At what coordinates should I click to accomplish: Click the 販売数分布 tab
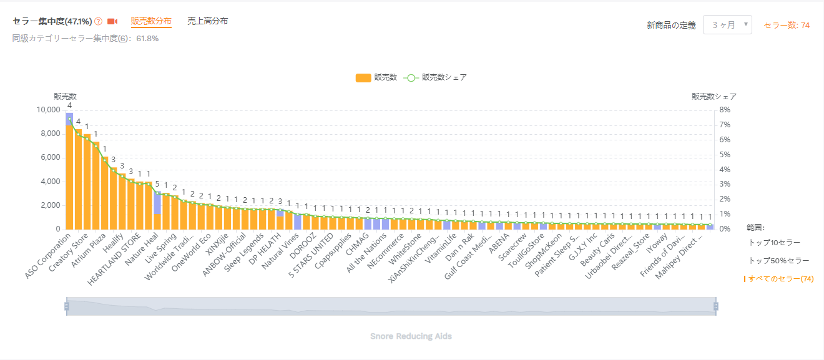pyautogui.click(x=151, y=21)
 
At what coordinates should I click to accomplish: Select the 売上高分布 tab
pyautogui.click(x=207, y=21)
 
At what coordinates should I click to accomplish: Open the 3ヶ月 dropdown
pyautogui.click(x=727, y=25)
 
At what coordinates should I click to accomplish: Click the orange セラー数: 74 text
pyautogui.click(x=787, y=26)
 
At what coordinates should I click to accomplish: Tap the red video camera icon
pyautogui.click(x=112, y=22)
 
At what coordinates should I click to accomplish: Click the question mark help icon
pyautogui.click(x=98, y=22)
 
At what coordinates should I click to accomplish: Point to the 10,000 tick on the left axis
pyautogui.click(x=49, y=110)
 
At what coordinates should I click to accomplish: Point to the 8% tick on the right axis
pyautogui.click(x=725, y=110)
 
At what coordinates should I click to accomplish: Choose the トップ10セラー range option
pyautogui.click(x=774, y=242)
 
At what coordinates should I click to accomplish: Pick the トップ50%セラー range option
pyautogui.click(x=778, y=260)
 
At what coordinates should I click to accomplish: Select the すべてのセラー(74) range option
pyautogui.click(x=780, y=279)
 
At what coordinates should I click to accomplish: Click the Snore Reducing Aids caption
pyautogui.click(x=411, y=336)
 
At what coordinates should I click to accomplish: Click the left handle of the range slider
pyautogui.click(x=66, y=306)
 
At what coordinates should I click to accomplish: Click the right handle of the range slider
pyautogui.click(x=716, y=306)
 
